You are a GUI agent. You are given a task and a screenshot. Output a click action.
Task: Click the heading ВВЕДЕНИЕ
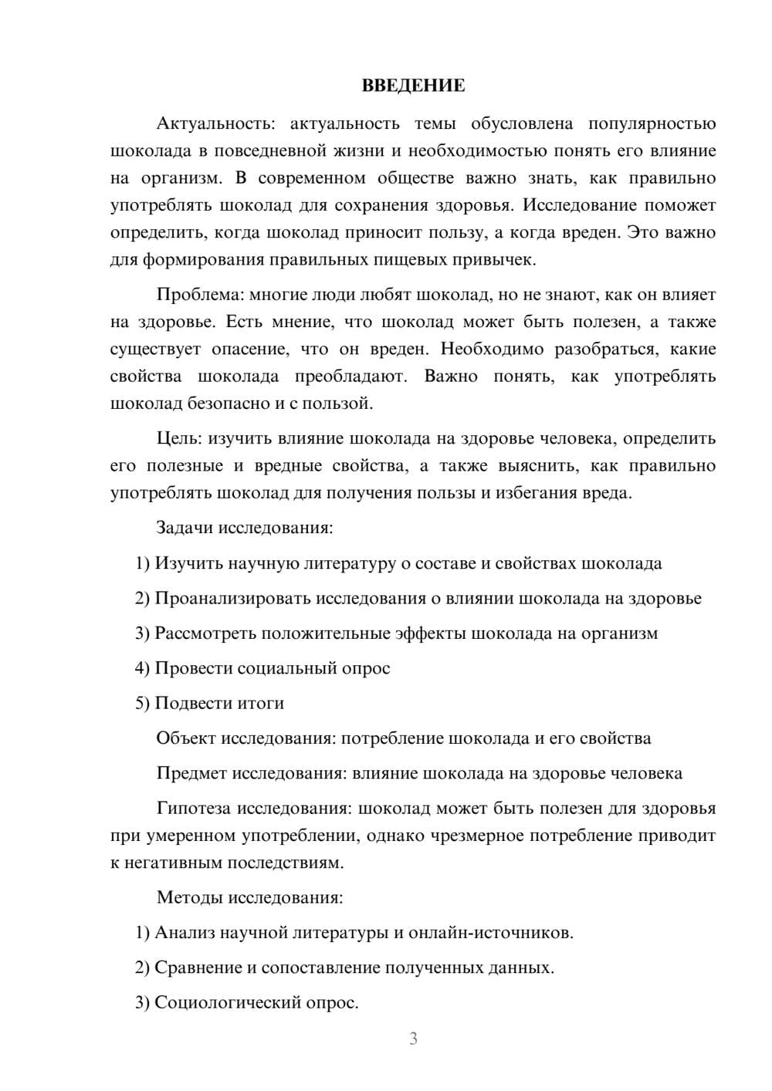tap(413, 86)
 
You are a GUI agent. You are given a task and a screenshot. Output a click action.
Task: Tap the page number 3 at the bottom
tap(413, 1039)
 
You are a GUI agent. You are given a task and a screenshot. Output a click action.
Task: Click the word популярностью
tap(652, 123)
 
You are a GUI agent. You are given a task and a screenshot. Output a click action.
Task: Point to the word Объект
tap(186, 738)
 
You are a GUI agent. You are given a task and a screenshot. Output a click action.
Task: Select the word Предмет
tap(191, 773)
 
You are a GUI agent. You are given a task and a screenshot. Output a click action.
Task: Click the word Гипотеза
tap(193, 809)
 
